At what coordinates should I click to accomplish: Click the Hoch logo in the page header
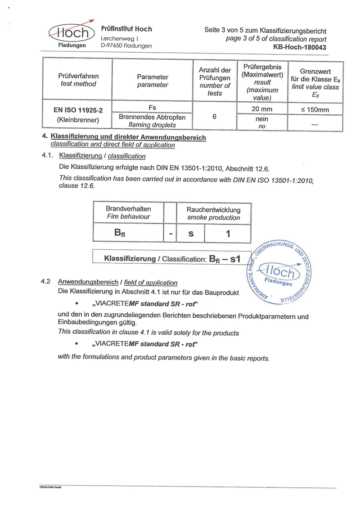tap(72, 32)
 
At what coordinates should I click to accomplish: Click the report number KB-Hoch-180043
tap(300, 47)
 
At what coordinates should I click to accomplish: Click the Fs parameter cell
tap(152, 108)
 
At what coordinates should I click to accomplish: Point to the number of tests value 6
tap(215, 116)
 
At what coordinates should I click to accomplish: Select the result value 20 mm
tap(261, 109)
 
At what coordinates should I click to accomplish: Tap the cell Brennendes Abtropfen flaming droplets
tap(152, 121)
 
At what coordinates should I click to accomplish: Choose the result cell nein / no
tap(261, 122)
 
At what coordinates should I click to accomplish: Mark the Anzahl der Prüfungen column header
tap(215, 81)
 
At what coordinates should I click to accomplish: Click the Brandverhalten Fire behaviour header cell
tap(128, 212)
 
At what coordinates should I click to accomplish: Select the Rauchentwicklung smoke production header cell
tap(213, 213)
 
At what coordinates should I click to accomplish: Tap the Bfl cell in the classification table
tap(128, 233)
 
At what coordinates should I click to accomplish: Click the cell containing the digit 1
tap(228, 234)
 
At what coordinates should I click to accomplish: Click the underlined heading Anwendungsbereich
tap(88, 282)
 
